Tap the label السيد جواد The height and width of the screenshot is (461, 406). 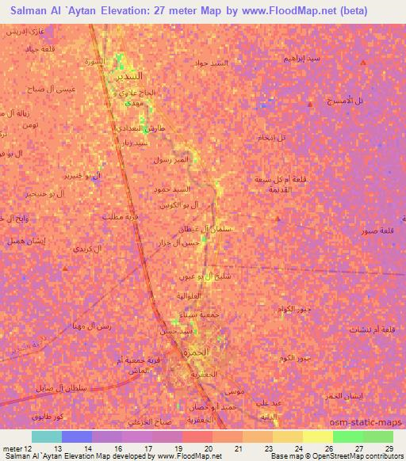213,63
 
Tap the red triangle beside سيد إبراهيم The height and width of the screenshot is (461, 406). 362,63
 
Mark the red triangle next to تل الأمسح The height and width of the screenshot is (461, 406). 309,105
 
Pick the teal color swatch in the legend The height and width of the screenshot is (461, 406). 47,436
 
